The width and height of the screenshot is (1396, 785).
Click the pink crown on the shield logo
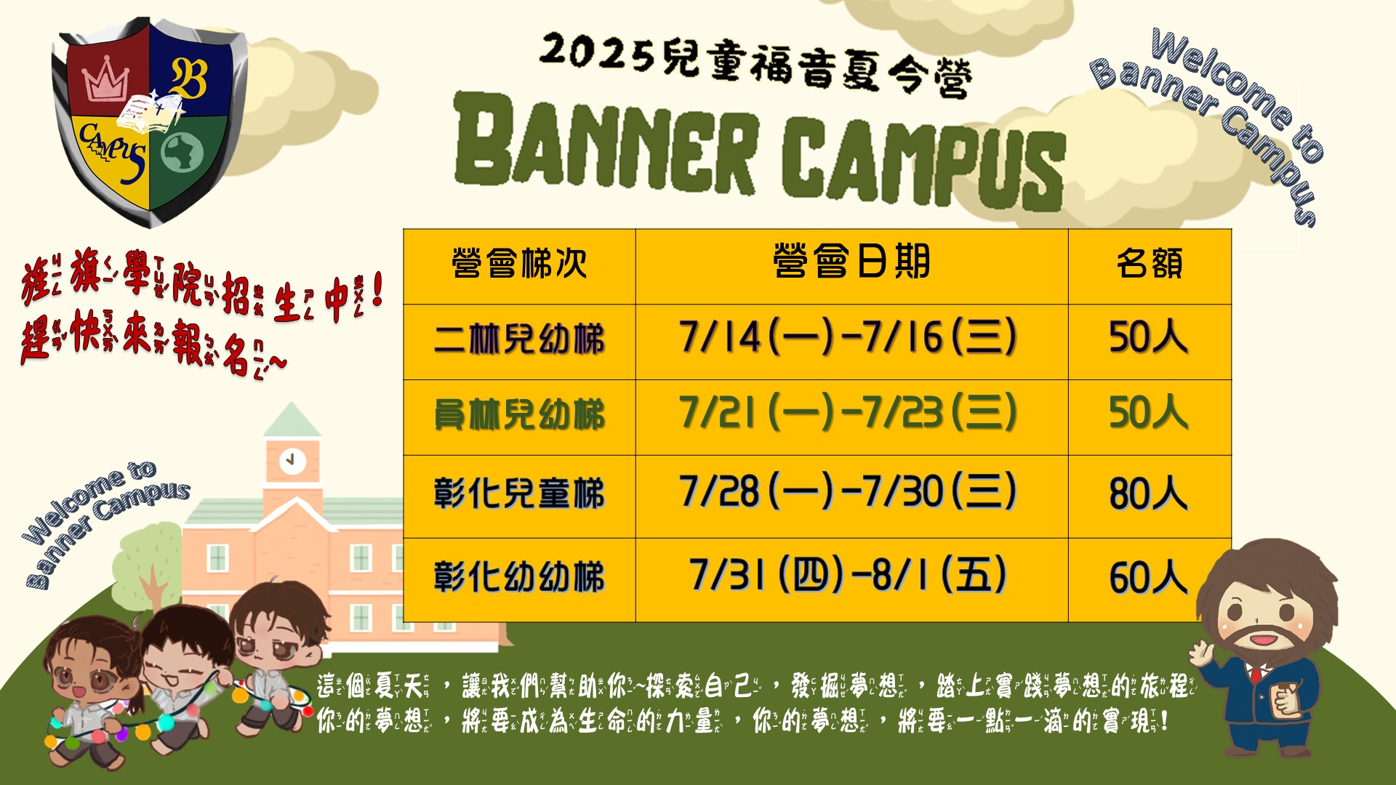(106, 78)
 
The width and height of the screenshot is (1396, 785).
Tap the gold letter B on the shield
(188, 78)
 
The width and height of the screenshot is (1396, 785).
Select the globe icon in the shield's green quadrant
(182, 152)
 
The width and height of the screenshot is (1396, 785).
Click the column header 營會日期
(851, 262)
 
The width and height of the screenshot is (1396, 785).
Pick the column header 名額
(1150, 263)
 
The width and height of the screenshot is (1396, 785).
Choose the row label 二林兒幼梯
(519, 339)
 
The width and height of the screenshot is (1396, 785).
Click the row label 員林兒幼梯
(519, 415)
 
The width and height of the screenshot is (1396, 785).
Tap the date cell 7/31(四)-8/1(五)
(848, 575)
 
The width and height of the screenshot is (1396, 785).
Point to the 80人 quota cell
(1148, 494)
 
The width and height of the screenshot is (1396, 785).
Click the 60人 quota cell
(1148, 578)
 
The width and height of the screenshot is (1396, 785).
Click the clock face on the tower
(292, 460)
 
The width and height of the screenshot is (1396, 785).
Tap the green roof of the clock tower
(292, 419)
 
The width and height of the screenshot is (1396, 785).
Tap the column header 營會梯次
(519, 263)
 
